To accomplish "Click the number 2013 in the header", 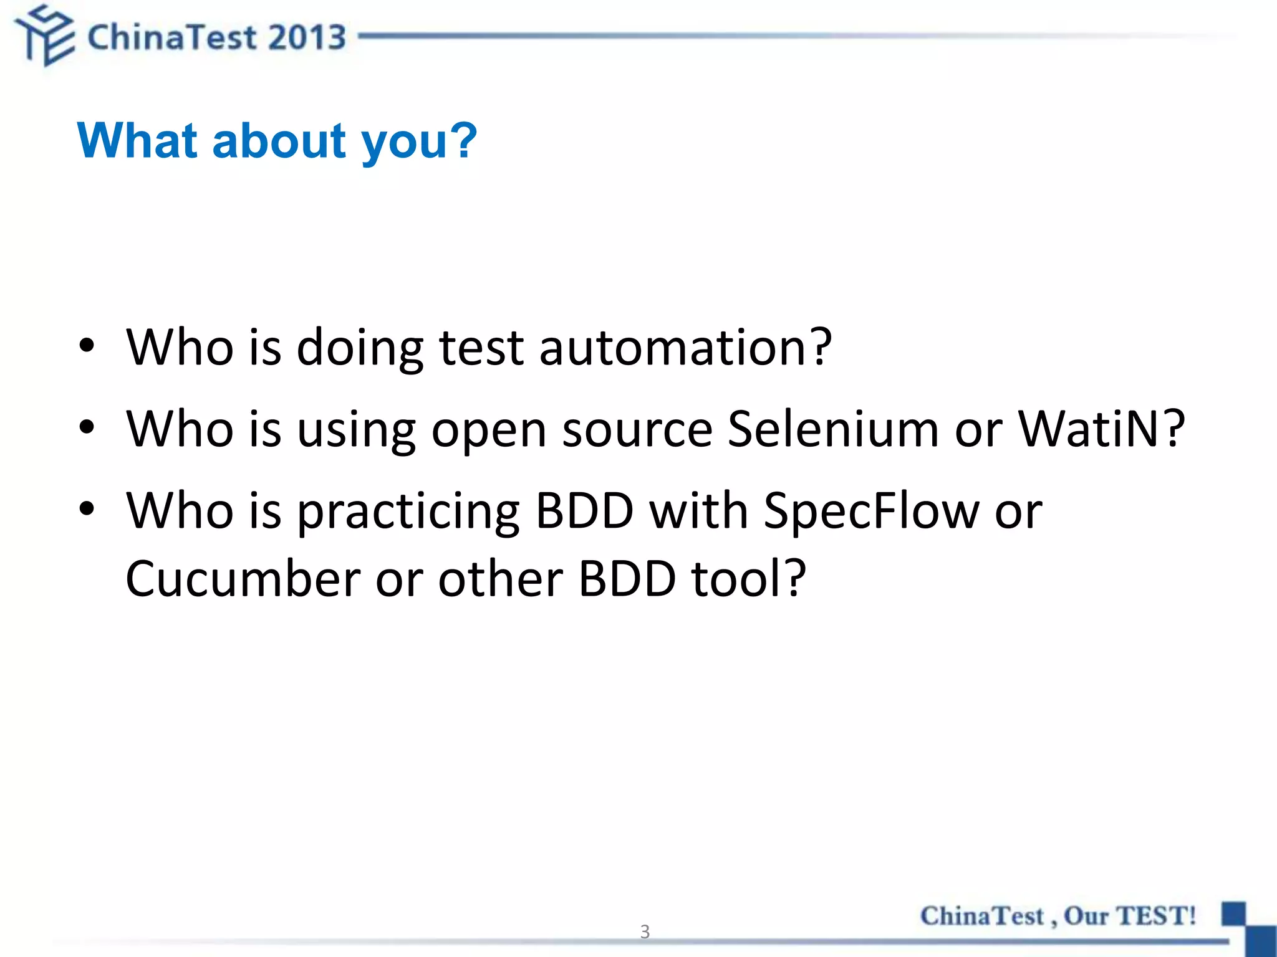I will tap(307, 37).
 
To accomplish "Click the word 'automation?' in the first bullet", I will tap(685, 347).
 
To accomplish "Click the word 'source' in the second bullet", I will tap(637, 430).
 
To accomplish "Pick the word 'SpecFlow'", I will tap(871, 511).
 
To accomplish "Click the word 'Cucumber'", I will tap(243, 579).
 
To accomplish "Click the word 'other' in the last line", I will tap(501, 579).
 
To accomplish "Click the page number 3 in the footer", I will tap(645, 931).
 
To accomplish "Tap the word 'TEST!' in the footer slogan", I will tap(1155, 916).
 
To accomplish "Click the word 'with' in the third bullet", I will tap(698, 511).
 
